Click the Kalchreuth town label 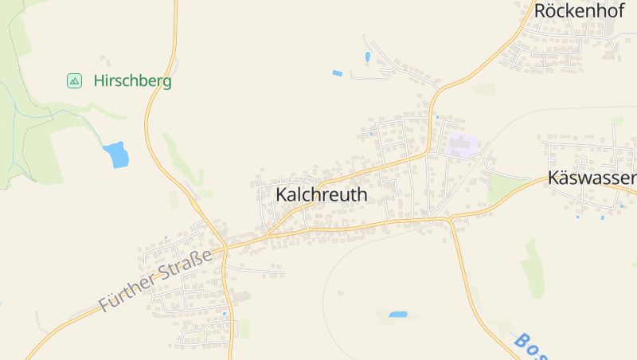[x=321, y=194]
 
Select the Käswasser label [x=592, y=178]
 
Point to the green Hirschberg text [x=132, y=81]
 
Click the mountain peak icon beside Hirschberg [x=74, y=80]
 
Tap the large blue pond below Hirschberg [x=116, y=154]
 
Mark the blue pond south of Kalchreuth [x=397, y=315]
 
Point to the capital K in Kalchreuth [x=282, y=194]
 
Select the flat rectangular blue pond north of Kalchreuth [x=337, y=73]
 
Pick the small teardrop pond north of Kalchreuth [x=367, y=57]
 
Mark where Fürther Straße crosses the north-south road [x=225, y=248]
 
